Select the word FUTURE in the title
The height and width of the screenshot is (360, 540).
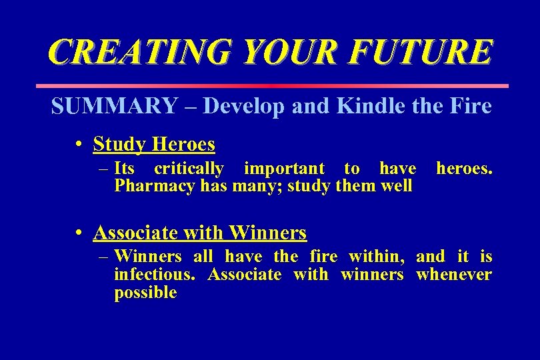coord(419,52)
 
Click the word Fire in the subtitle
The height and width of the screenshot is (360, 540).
coord(471,106)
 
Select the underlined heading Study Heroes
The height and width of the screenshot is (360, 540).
coord(154,144)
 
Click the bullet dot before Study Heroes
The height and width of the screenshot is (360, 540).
coord(79,145)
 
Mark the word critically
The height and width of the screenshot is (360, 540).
coord(189,168)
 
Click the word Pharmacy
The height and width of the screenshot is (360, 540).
coord(155,186)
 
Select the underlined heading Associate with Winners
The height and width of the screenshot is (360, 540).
coord(200,233)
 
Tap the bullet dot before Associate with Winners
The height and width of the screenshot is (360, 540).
coord(79,233)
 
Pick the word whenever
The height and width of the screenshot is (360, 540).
coord(454,275)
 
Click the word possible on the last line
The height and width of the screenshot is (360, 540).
coord(145,293)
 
